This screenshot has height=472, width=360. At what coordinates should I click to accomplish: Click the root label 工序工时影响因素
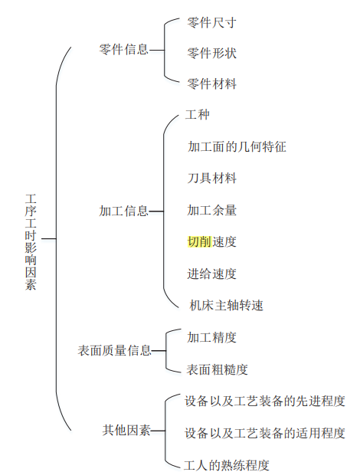(31, 242)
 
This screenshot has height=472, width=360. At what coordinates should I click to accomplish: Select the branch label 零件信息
(124, 50)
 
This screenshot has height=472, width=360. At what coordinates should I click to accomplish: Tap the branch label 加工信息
(124, 211)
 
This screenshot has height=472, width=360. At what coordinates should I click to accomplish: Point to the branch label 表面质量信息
(114, 350)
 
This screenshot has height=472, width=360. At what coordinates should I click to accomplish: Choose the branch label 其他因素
(126, 430)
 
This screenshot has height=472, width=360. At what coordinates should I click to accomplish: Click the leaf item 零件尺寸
(211, 22)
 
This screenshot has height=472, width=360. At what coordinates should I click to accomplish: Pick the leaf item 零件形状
(211, 54)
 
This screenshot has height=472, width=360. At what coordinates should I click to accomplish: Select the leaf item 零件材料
(211, 84)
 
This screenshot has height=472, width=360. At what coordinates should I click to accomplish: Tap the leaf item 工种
(198, 115)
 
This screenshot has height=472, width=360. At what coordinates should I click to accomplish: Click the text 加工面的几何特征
(237, 147)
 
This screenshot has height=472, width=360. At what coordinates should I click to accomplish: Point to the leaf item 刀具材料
(211, 179)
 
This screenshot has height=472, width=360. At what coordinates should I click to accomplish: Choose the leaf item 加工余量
(211, 210)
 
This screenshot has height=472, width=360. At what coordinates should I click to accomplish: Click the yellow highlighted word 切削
(199, 241)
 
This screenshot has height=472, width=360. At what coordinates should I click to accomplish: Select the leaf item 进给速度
(211, 274)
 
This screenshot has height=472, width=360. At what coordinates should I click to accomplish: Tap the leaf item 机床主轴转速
(227, 306)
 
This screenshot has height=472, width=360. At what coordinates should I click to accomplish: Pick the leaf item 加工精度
(211, 337)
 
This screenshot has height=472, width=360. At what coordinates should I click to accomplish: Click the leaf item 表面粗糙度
(217, 369)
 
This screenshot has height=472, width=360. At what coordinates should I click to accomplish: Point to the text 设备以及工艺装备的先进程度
(265, 402)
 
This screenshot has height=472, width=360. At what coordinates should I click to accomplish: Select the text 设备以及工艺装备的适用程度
(265, 433)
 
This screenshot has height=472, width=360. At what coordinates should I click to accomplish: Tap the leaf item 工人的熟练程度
(227, 465)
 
